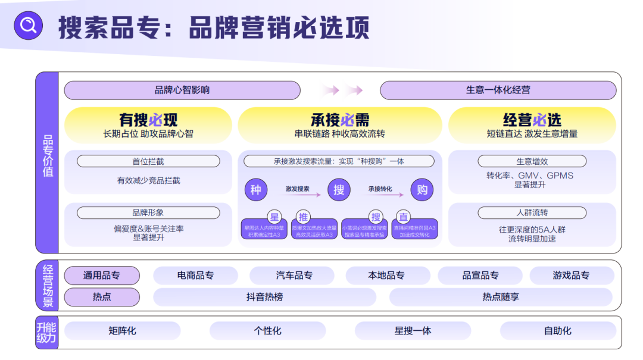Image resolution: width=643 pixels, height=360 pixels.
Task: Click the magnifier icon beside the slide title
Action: (28, 26)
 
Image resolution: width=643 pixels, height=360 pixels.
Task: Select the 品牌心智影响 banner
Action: (182, 90)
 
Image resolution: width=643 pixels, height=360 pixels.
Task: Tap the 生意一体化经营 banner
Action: (498, 90)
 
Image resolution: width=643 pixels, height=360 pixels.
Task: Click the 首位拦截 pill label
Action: (148, 161)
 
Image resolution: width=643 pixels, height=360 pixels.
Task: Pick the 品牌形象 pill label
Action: (148, 212)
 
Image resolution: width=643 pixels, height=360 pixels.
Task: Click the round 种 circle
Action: (255, 190)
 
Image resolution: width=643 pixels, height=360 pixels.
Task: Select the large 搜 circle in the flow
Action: (339, 190)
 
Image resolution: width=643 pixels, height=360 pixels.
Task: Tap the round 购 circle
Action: (422, 190)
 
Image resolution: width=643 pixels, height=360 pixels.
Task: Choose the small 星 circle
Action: (274, 217)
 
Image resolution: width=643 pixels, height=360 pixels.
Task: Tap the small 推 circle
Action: (303, 217)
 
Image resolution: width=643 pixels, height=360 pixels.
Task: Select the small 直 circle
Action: (404, 217)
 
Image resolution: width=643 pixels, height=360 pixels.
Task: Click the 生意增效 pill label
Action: (532, 161)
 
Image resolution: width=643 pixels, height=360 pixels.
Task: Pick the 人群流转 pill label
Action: (532, 212)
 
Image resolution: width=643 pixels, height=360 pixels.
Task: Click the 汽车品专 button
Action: (294, 276)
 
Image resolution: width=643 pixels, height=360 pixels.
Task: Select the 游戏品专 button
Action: (571, 276)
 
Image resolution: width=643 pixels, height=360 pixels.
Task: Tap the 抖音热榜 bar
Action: (264, 297)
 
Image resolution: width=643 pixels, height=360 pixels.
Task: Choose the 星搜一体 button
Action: (413, 331)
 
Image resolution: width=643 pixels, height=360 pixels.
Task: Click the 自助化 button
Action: (558, 331)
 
